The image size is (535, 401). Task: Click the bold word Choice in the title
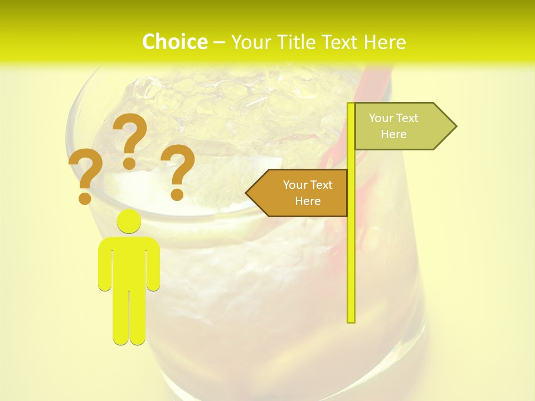pos(174,42)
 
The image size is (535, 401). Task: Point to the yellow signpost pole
pos(351,251)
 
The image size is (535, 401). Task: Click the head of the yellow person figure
pos(129,221)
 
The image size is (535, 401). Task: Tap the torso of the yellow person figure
pos(129,262)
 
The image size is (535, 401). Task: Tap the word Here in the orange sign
pos(308,201)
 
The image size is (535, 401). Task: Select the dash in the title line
pos(219,42)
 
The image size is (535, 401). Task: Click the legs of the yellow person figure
pos(129,317)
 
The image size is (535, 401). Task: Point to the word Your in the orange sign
pos(295,185)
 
